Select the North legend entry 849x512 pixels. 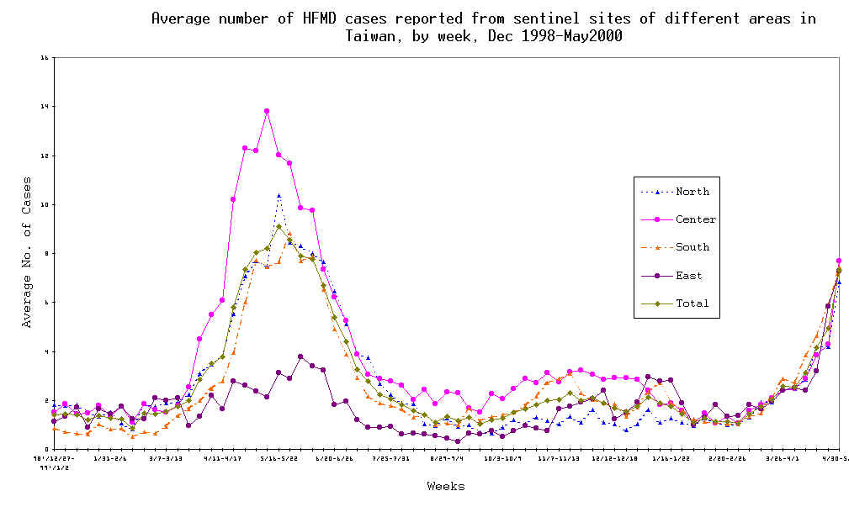point(692,191)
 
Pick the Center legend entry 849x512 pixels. point(696,219)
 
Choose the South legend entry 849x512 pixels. point(692,247)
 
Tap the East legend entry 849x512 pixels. point(689,276)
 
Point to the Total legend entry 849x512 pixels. point(692,304)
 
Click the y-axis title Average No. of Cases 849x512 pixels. point(27,252)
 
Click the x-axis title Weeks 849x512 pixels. point(445,486)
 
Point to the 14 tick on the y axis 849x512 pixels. point(43,107)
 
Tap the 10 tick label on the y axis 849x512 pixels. point(43,204)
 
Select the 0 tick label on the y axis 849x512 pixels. point(45,449)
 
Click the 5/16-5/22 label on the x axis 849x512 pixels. point(279,458)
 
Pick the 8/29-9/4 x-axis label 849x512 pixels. point(446,458)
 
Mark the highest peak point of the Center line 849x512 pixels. point(267,111)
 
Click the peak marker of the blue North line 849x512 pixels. point(279,196)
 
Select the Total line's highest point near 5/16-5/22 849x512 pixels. point(279,226)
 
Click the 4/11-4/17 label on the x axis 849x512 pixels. point(223,458)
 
